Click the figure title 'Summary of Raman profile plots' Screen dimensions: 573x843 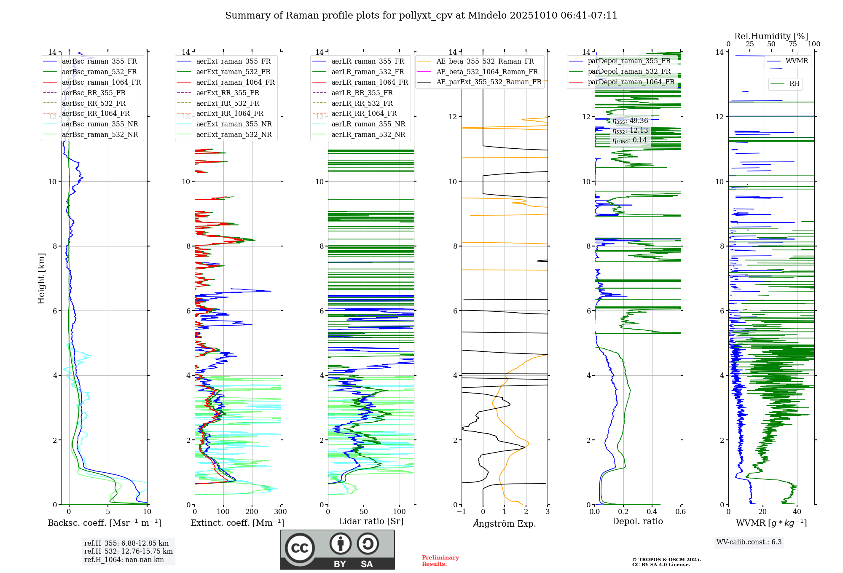(x=421, y=16)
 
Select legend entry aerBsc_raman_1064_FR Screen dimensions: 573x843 (x=101, y=82)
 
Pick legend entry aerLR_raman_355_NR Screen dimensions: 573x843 (x=368, y=124)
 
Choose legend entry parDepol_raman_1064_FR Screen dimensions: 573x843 (x=631, y=82)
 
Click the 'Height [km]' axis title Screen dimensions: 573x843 (x=41, y=278)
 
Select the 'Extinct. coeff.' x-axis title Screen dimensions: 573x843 (x=238, y=523)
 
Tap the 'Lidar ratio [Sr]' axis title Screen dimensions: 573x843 (x=371, y=521)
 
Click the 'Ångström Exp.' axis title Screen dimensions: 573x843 (x=505, y=523)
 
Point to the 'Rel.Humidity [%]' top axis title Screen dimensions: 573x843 (x=771, y=36)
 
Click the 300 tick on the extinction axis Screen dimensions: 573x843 (x=280, y=511)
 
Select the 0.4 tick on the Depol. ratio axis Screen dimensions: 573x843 (x=652, y=511)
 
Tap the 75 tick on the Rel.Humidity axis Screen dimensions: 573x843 (x=792, y=44)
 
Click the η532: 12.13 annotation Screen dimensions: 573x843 (x=630, y=131)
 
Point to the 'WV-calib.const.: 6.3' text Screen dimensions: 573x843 (x=749, y=542)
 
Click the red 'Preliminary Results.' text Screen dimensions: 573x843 (x=440, y=560)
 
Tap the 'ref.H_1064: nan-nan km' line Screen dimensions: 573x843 (x=124, y=560)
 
